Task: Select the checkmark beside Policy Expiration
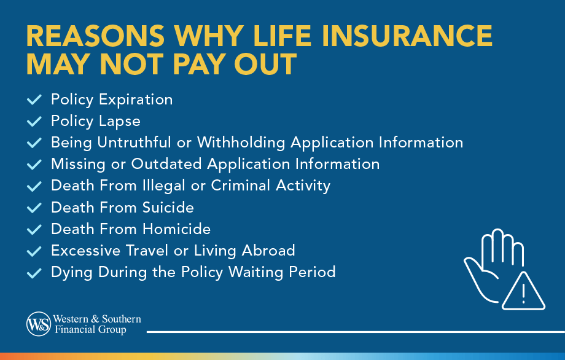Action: click(x=34, y=100)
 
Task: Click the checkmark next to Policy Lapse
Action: click(x=34, y=121)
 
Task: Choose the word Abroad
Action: click(x=268, y=251)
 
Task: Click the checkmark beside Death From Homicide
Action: click(x=34, y=229)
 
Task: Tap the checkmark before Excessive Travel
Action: click(x=34, y=251)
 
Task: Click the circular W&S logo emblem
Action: click(x=38, y=324)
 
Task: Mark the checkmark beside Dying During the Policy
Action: click(x=34, y=272)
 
